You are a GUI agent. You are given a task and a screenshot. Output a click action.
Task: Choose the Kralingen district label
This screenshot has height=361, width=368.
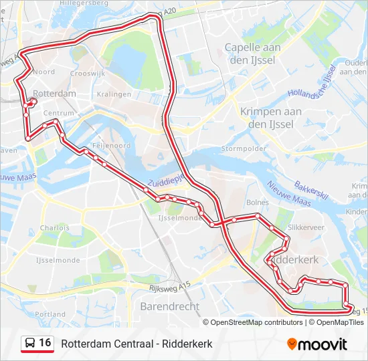pos(114,94)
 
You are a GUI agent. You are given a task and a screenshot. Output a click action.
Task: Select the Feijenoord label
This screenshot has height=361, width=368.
pos(111,145)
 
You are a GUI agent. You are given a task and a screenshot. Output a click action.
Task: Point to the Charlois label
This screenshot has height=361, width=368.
pos(54,227)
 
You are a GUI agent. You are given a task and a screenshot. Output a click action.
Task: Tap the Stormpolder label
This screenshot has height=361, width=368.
pos(244,148)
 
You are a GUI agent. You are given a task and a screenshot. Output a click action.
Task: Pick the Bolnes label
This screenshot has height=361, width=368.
pos(258,202)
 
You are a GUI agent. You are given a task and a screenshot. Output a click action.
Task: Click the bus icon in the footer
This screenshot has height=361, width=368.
pos(31,344)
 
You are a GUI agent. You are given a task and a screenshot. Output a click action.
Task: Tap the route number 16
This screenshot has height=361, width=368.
pos(45,343)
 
